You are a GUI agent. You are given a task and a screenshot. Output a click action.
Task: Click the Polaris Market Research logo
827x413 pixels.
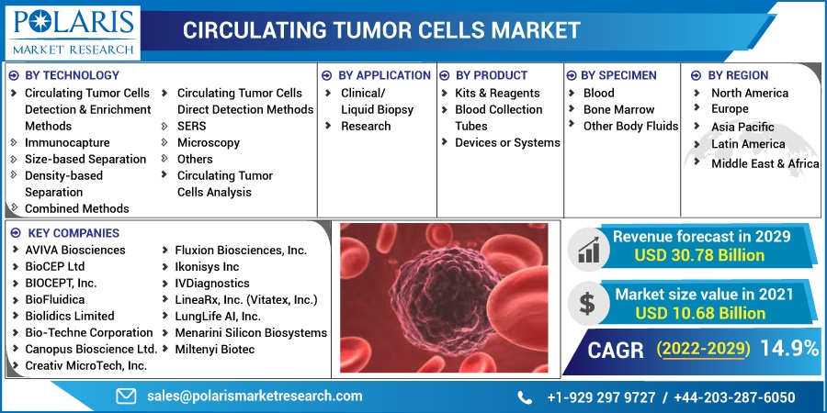pyautogui.click(x=73, y=32)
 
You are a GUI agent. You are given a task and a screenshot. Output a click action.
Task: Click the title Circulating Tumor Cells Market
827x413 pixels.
pyautogui.click(x=381, y=30)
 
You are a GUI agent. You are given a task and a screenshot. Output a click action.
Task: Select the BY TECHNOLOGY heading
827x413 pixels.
pyautogui.click(x=73, y=75)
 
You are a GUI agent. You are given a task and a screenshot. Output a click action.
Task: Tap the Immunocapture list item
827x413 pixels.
pyautogui.click(x=67, y=143)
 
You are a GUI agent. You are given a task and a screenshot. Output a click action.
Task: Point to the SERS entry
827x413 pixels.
pyautogui.click(x=191, y=127)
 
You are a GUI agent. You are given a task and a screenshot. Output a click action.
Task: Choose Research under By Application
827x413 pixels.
pyautogui.click(x=366, y=127)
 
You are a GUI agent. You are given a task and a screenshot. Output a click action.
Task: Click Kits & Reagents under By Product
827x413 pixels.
pyautogui.click(x=497, y=94)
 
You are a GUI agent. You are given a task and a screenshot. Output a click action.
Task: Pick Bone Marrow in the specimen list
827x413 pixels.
pyautogui.click(x=618, y=109)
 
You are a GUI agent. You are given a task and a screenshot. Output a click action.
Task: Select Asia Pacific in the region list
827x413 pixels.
pyautogui.click(x=742, y=127)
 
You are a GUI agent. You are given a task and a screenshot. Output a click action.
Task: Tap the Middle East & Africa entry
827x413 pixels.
pyautogui.click(x=765, y=164)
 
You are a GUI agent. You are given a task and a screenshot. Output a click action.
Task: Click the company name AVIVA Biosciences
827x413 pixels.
pyautogui.click(x=75, y=250)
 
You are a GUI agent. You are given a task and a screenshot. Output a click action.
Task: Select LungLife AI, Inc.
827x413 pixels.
pyautogui.click(x=218, y=316)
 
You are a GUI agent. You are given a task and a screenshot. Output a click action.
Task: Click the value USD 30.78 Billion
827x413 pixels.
pyautogui.click(x=699, y=255)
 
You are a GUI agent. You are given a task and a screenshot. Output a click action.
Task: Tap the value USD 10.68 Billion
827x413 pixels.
pyautogui.click(x=700, y=313)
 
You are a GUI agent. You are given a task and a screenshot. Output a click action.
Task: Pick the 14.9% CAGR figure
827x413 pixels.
pyautogui.click(x=789, y=349)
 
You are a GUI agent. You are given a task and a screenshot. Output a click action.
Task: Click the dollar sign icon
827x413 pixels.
pyautogui.click(x=587, y=304)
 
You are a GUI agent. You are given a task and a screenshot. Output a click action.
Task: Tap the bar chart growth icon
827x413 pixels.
pyautogui.click(x=587, y=249)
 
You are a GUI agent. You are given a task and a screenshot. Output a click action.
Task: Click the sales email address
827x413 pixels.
pyautogui.click(x=255, y=396)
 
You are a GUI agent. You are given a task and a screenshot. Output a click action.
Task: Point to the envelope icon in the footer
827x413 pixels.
pyautogui.click(x=126, y=396)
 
